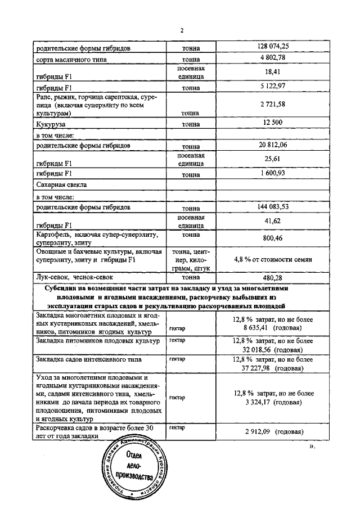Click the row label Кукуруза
pos(51,122)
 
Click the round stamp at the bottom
pos(133,470)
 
